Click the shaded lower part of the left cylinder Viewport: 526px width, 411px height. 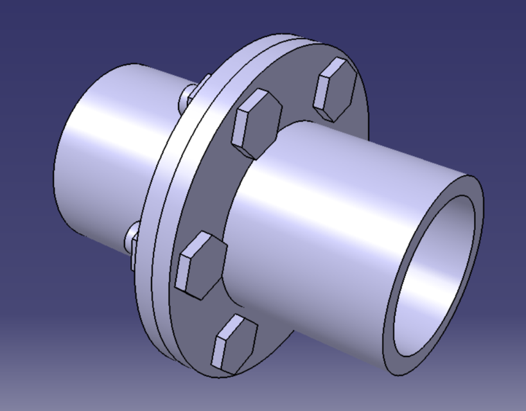coord(90,205)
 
